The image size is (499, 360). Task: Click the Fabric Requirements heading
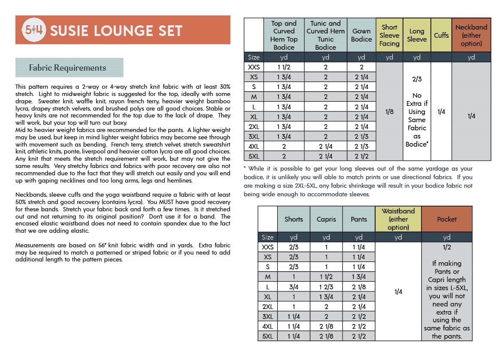pyautogui.click(x=67, y=68)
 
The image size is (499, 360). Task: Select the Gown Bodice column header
pyautogui.click(x=361, y=35)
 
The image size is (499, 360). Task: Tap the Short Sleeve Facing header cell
pyautogui.click(x=389, y=35)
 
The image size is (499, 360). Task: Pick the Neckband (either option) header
pyautogui.click(x=471, y=35)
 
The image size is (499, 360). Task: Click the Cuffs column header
pyautogui.click(x=441, y=35)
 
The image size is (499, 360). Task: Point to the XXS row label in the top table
pyautogui.click(x=254, y=67)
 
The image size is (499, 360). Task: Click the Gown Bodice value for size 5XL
pyautogui.click(x=361, y=156)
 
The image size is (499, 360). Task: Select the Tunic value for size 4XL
pyautogui.click(x=325, y=146)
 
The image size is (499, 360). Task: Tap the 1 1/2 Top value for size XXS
pyautogui.click(x=284, y=67)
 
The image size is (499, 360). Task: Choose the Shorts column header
pyautogui.click(x=294, y=219)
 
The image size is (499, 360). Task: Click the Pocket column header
pyautogui.click(x=447, y=219)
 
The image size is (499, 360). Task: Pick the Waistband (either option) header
pyautogui.click(x=398, y=219)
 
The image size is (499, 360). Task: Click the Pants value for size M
pyautogui.click(x=359, y=277)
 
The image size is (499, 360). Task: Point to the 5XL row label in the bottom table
pyautogui.click(x=268, y=336)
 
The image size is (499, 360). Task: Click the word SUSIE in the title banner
pyautogui.click(x=70, y=30)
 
